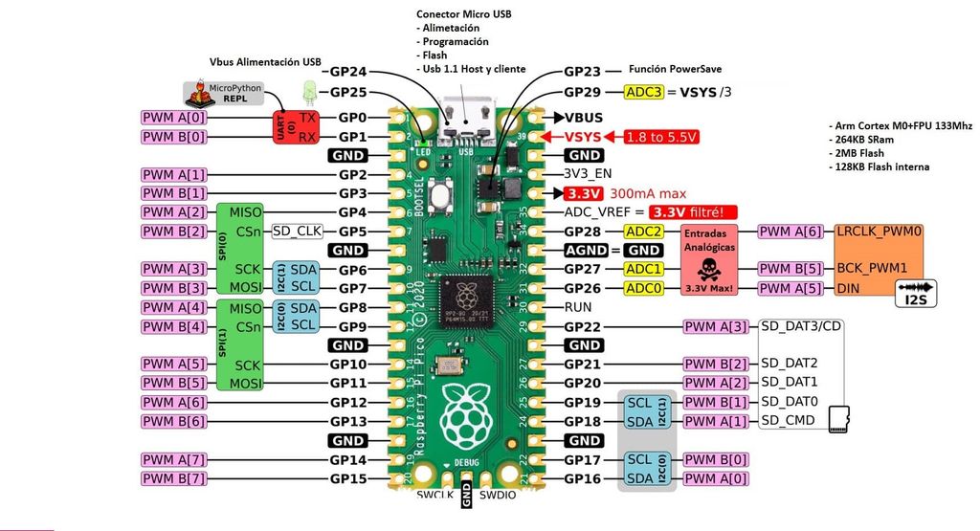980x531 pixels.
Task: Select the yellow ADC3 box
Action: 642,92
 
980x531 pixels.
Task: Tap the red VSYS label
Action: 583,137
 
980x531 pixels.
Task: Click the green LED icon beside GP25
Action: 309,93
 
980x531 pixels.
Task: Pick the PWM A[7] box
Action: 173,459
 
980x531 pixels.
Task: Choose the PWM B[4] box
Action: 173,326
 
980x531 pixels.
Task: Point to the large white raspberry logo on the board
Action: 467,415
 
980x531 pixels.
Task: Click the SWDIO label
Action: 499,496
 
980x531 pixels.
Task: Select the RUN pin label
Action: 578,307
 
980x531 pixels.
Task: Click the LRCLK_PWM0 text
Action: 879,232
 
